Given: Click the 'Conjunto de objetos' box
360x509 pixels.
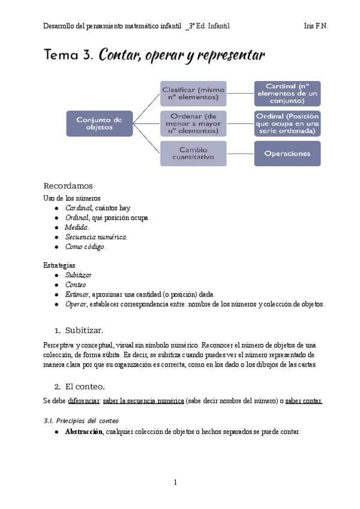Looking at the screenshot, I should (x=99, y=124).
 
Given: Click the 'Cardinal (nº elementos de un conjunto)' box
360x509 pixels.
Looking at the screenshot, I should (x=287, y=93).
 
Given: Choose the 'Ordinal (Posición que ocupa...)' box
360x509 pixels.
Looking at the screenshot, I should (x=287, y=124).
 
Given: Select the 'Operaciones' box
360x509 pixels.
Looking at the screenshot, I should (x=287, y=153).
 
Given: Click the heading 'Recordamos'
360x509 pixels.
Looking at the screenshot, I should (x=68, y=185).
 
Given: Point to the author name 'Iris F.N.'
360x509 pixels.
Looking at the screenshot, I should (x=316, y=26).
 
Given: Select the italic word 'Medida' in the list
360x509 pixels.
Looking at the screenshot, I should (x=77, y=227).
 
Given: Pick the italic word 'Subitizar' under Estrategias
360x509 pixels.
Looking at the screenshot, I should (x=79, y=275).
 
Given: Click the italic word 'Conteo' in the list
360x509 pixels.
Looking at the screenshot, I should (x=76, y=285).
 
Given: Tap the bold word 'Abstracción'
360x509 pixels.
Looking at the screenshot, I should (x=84, y=432).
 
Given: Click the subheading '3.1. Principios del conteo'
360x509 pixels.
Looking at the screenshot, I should (x=81, y=420).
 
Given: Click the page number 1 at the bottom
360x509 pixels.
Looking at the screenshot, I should (x=175, y=482).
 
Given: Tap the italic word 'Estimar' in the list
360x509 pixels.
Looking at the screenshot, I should (x=77, y=294).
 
